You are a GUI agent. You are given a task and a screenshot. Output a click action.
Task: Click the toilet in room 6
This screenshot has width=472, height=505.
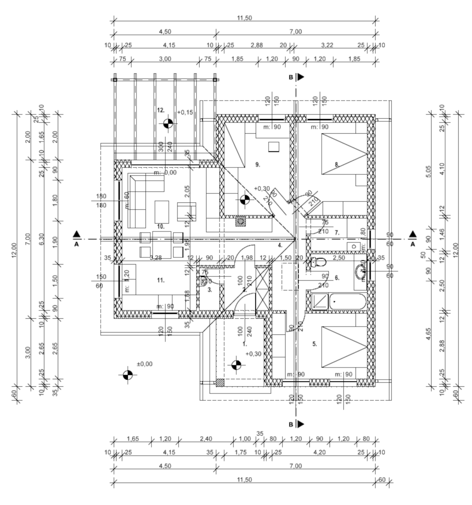click(318, 263)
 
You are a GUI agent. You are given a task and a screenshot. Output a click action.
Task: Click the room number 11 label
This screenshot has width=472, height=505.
click(160, 280)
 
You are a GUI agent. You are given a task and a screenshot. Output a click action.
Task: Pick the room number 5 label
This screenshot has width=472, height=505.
click(314, 344)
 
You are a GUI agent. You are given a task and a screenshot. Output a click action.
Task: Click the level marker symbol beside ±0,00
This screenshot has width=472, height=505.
click(127, 375)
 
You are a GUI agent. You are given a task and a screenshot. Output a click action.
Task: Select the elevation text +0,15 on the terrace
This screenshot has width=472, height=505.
click(185, 112)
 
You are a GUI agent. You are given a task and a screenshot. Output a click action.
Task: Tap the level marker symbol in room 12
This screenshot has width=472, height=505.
click(168, 123)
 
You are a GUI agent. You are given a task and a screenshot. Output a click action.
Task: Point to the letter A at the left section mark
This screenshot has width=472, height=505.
click(77, 244)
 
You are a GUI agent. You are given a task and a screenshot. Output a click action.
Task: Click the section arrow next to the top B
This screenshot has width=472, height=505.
click(301, 77)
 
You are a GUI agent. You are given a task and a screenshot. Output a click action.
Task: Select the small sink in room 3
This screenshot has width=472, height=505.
click(203, 281)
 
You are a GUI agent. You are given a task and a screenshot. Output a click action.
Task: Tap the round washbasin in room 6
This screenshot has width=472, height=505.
click(360, 271)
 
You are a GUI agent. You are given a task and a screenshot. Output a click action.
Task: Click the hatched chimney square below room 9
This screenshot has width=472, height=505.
click(240, 222)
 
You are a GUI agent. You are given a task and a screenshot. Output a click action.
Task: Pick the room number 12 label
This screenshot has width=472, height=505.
click(160, 110)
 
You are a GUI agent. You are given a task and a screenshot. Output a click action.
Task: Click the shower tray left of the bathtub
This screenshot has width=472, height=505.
click(319, 301)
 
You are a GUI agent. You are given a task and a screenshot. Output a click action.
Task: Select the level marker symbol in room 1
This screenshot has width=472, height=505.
click(236, 365)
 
